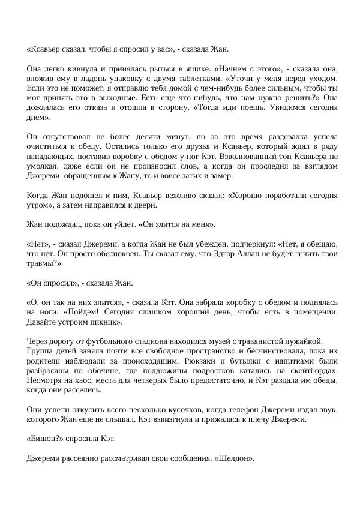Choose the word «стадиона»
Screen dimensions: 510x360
pos(133,341)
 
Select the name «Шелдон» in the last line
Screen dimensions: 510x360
pos(235,458)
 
